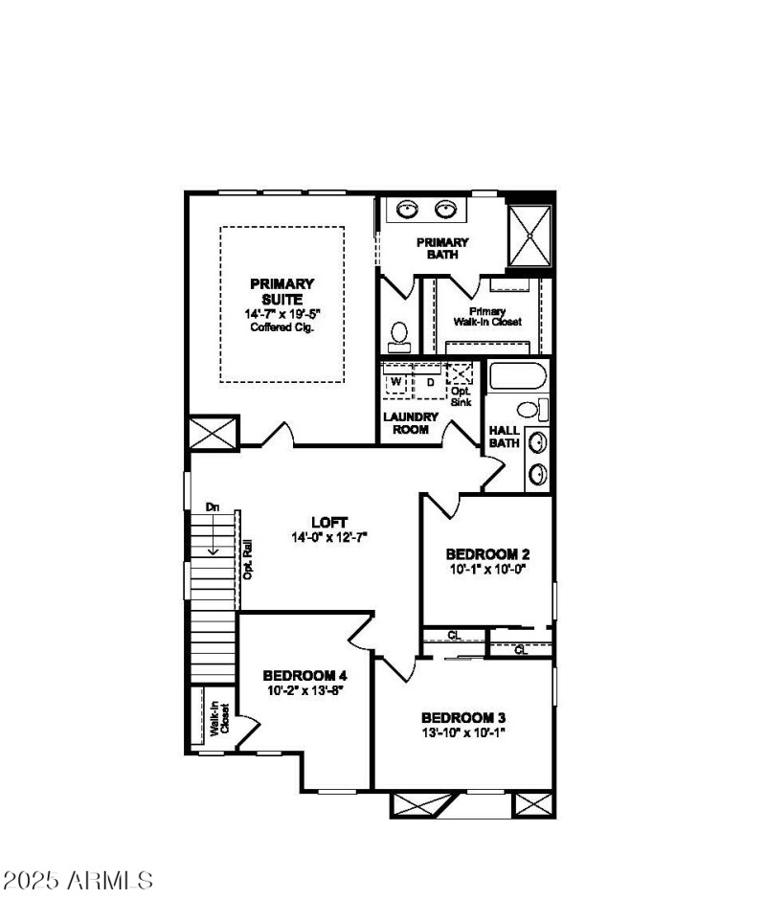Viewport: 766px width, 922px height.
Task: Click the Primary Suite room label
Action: tap(282, 291)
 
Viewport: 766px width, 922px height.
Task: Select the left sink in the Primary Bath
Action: tap(409, 209)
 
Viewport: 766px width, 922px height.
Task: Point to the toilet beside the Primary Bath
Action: tap(399, 336)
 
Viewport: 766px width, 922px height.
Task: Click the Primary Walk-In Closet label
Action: tap(494, 317)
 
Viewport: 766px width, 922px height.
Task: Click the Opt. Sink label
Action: tap(462, 397)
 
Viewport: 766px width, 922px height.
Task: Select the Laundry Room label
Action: tap(411, 423)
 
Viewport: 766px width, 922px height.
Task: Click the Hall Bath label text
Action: tap(504, 437)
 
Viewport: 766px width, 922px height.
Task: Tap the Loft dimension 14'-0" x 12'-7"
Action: tap(329, 538)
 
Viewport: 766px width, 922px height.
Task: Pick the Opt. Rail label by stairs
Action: tap(247, 559)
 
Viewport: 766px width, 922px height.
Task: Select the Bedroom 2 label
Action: tap(487, 554)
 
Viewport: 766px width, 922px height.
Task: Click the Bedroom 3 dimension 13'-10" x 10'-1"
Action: tap(462, 732)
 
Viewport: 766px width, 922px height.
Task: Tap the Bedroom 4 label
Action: tap(304, 674)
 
